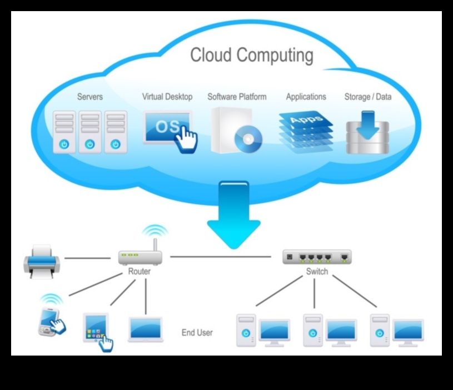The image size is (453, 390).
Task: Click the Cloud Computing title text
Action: (x=251, y=56)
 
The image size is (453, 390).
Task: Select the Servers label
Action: (x=89, y=97)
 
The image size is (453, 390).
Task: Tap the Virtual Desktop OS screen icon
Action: (x=167, y=127)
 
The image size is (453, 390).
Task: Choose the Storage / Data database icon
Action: (x=367, y=132)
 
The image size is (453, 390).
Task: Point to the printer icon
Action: (x=42, y=261)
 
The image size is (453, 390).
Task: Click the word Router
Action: (x=140, y=272)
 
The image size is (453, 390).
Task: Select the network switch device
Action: (x=317, y=257)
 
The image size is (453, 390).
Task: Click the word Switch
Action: (x=317, y=272)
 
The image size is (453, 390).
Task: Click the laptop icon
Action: (x=146, y=329)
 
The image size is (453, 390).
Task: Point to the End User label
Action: (x=197, y=333)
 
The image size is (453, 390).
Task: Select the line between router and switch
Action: (x=222, y=257)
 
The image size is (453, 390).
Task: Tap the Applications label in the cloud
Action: (x=306, y=97)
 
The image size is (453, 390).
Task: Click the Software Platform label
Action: (x=237, y=97)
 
